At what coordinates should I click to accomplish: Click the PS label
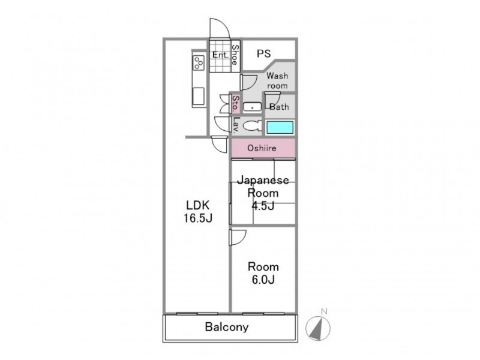[263, 53]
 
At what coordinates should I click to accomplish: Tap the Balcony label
[227, 327]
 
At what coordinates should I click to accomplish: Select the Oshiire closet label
[262, 148]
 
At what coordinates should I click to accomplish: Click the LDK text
[198, 205]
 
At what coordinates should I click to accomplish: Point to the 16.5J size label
[198, 218]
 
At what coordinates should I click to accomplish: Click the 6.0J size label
[263, 280]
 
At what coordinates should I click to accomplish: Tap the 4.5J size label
[263, 206]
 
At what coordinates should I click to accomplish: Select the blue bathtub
[280, 127]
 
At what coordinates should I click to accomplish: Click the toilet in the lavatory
[253, 126]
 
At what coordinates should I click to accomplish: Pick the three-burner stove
[199, 62]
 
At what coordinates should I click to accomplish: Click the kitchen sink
[199, 97]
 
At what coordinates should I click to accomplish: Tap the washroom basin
[252, 107]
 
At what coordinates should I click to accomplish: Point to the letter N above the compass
[324, 311]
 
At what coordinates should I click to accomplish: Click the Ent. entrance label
[220, 55]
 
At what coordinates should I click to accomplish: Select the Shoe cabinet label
[235, 55]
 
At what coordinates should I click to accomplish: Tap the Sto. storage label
[235, 103]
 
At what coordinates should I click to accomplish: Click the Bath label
[279, 107]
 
